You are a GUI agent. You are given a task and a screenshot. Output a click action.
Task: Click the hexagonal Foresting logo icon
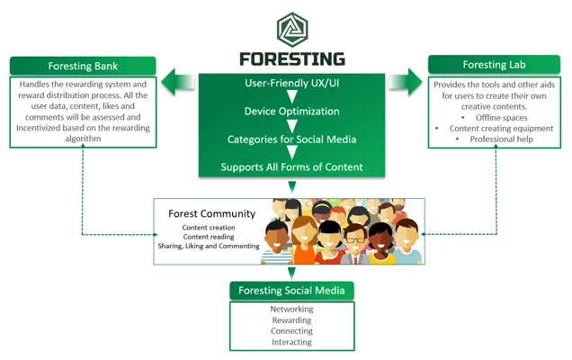tap(292, 30)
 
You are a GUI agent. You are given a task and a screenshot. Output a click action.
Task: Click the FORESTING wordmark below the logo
tap(292, 59)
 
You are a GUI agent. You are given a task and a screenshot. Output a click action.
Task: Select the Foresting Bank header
tap(83, 66)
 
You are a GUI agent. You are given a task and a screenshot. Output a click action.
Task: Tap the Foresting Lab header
tap(494, 65)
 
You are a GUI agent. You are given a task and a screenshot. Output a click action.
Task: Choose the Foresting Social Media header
tap(291, 291)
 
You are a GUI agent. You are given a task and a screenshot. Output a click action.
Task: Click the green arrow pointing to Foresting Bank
tap(178, 82)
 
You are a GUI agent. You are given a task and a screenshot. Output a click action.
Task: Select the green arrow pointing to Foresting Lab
tap(405, 82)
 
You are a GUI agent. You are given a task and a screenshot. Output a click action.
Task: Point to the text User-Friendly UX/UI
tap(291, 83)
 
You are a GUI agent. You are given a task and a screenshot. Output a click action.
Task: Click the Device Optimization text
tap(291, 112)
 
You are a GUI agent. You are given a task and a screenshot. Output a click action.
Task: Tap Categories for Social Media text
tap(291, 139)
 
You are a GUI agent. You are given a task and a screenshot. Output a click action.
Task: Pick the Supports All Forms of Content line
tap(291, 167)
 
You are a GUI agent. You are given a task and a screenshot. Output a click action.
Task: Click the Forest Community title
tap(212, 213)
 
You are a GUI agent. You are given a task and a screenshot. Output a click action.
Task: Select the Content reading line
tap(209, 237)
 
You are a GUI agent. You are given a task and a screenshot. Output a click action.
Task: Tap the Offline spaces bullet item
tap(501, 118)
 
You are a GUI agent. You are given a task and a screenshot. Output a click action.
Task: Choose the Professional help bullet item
tap(501, 139)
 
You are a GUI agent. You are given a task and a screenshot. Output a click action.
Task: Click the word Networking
tap(291, 310)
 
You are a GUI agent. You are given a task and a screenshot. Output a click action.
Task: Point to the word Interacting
tap(291, 342)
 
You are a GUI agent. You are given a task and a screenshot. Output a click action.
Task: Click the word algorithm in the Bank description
tap(83, 139)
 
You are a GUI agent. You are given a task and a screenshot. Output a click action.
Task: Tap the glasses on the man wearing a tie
tap(355, 240)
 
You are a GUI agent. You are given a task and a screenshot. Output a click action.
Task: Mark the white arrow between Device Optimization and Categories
tap(291, 126)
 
